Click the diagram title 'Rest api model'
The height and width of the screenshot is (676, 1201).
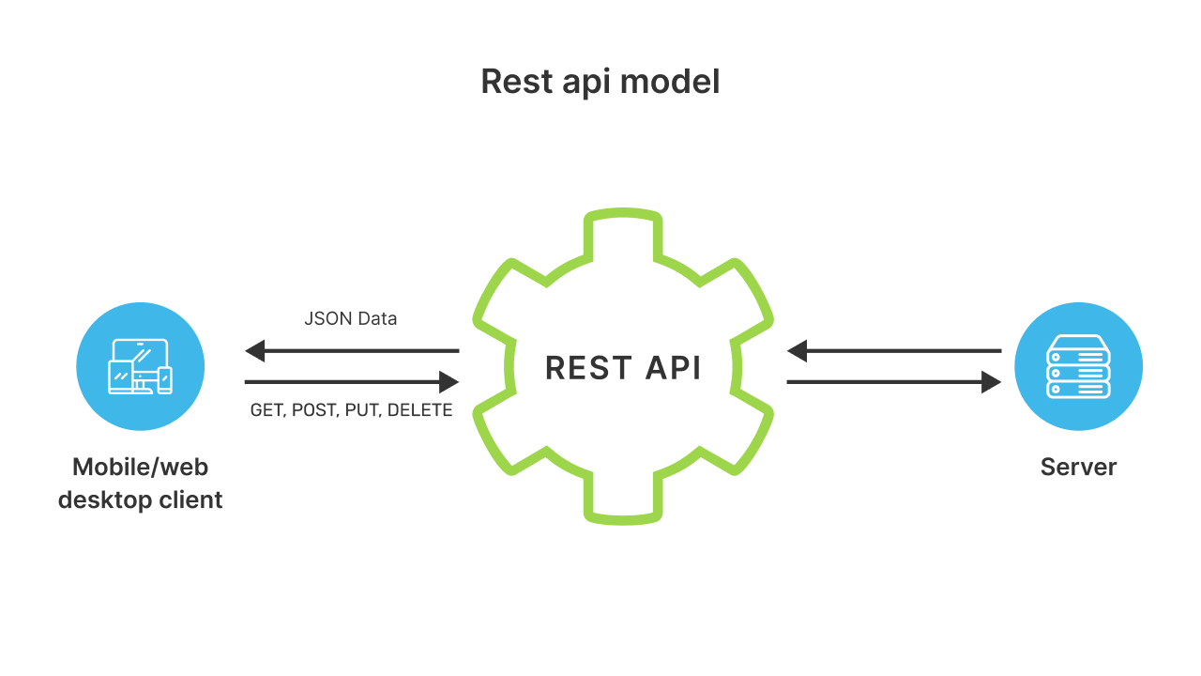tap(600, 82)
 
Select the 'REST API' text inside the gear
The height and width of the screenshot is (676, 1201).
tap(623, 368)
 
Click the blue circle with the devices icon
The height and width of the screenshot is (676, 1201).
tap(140, 366)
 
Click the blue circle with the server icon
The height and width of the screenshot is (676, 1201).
tap(1078, 366)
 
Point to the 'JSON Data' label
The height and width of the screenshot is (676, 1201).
tap(351, 319)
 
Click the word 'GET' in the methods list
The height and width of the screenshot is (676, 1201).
tap(267, 410)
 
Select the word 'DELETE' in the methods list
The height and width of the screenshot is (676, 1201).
tap(419, 410)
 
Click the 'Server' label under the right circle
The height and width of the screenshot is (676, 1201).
tap(1078, 467)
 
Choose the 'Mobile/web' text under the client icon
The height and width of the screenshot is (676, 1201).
tap(140, 467)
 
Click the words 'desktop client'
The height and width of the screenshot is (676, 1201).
tap(140, 499)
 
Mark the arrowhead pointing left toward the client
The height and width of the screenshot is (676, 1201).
tap(255, 352)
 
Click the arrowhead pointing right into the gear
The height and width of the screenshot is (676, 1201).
tap(448, 382)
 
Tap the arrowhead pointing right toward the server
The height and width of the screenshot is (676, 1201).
tap(991, 382)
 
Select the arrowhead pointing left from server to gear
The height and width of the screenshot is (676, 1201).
tap(798, 352)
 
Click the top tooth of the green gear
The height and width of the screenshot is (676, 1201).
tap(623, 230)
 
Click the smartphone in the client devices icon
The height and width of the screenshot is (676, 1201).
tap(165, 379)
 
